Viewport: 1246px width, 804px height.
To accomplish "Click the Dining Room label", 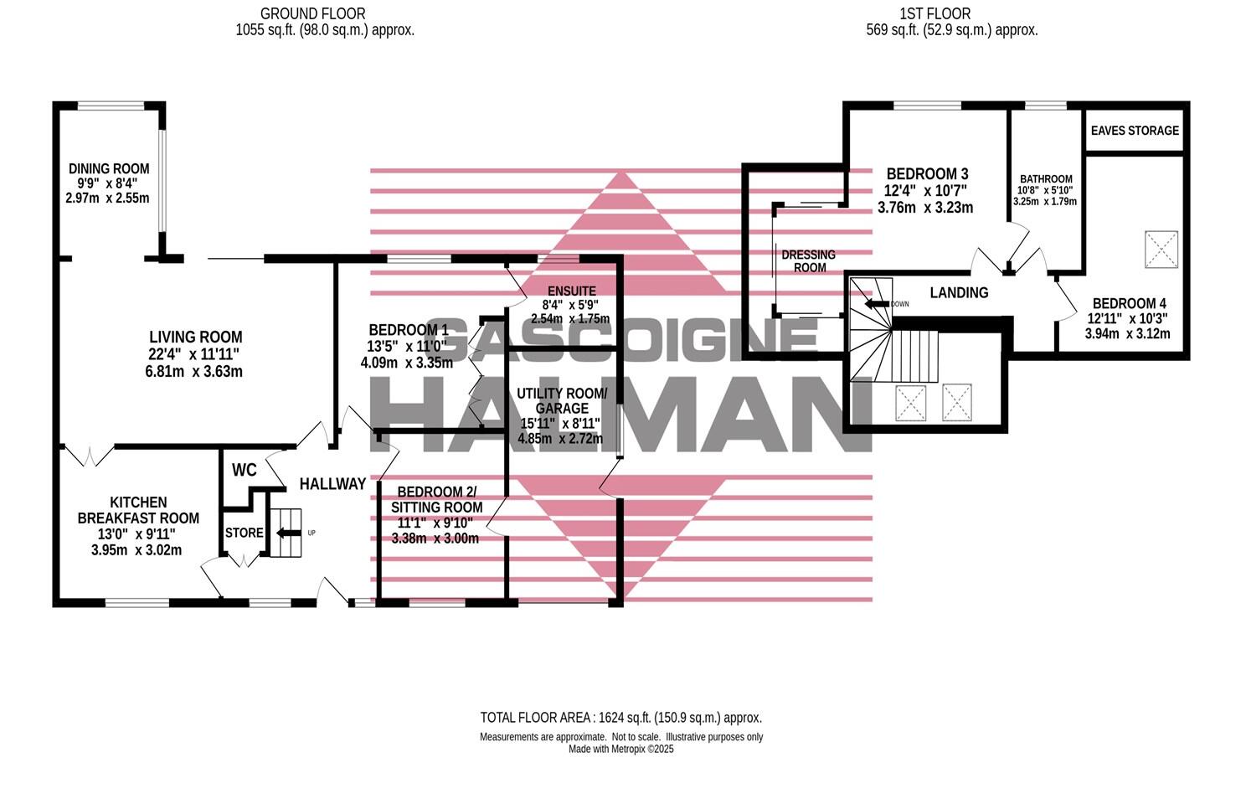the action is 109,168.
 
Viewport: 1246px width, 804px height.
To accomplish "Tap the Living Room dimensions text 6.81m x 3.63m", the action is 193,371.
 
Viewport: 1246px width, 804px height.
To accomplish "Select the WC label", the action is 244,470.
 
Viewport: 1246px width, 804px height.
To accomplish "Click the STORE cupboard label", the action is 244,533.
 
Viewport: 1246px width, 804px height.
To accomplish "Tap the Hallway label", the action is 332,484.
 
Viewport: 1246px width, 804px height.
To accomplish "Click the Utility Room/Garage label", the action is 561,400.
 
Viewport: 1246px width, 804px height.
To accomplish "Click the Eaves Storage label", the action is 1135,131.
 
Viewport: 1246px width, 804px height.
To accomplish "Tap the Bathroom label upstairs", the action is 1045,179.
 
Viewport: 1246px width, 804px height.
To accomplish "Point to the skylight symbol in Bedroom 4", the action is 1161,250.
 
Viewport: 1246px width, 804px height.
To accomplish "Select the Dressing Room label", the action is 809,260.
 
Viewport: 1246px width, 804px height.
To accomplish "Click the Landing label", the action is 959,292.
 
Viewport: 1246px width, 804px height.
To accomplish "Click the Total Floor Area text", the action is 620,718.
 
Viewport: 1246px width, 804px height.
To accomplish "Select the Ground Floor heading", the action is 312,13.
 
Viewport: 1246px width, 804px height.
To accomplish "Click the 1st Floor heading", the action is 947,13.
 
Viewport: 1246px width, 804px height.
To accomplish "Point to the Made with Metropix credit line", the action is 620,750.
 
